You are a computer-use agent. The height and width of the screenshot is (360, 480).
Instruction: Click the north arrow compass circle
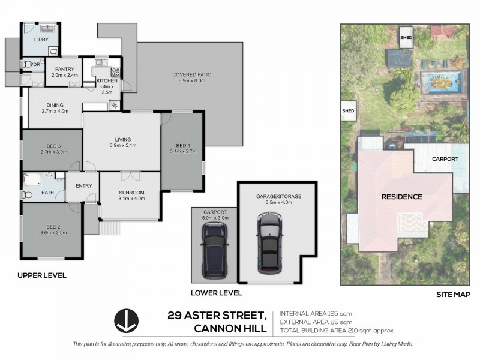click(127, 320)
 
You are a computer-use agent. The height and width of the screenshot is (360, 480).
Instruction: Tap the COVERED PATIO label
click(192, 74)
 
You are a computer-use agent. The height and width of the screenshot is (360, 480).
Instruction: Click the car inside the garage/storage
click(269, 242)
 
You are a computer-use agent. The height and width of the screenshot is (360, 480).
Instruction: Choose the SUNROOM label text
click(131, 192)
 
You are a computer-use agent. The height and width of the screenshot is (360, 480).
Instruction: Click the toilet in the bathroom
click(26, 194)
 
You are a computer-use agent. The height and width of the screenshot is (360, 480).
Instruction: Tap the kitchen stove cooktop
click(115, 73)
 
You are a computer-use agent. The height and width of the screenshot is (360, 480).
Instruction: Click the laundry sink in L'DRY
click(47, 28)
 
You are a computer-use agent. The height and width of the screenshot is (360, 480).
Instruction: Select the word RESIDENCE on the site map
click(402, 196)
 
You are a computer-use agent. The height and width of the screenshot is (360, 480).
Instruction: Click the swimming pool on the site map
click(442, 79)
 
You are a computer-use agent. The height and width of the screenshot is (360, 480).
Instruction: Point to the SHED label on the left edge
click(348, 110)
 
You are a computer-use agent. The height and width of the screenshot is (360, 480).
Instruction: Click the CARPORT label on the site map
click(445, 159)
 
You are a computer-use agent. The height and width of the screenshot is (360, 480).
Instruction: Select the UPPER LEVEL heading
click(42, 275)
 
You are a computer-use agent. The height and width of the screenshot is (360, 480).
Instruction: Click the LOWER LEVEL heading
click(216, 293)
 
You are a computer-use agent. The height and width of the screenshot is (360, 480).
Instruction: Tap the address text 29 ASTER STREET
click(217, 316)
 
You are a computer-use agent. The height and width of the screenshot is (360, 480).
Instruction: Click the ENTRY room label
click(83, 185)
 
